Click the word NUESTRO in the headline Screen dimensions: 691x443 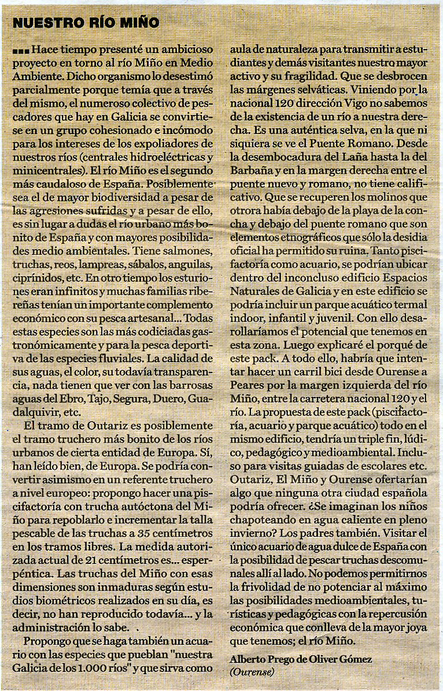41,23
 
